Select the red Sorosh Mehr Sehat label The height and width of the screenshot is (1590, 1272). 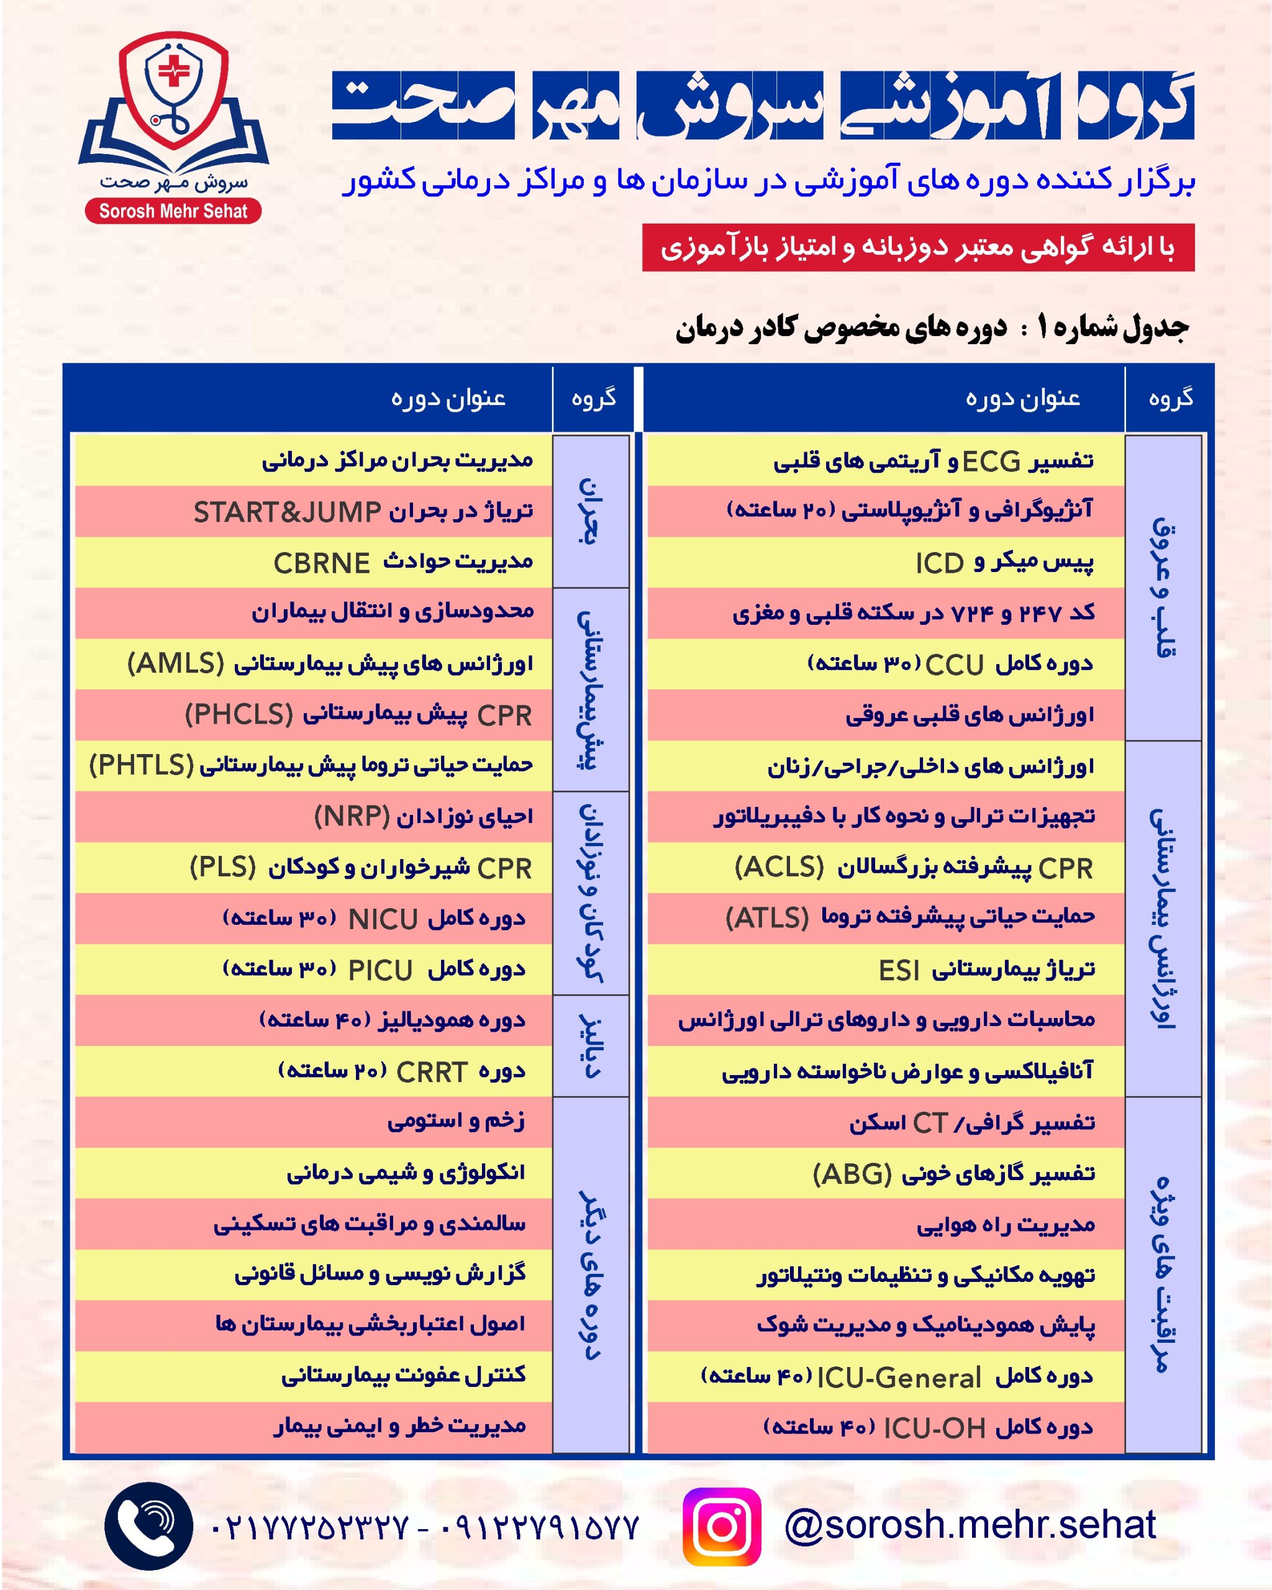173,212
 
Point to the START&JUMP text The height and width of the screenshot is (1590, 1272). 287,512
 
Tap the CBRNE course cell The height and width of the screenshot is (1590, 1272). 322,563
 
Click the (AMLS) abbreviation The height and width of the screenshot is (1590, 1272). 176,664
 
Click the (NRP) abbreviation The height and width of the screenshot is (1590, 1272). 352,816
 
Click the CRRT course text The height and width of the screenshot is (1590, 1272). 432,1072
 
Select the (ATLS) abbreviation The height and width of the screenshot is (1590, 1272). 768,918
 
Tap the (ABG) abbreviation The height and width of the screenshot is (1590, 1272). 852,1174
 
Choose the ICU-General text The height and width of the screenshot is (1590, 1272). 899,1378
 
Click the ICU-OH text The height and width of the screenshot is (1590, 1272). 934,1429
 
